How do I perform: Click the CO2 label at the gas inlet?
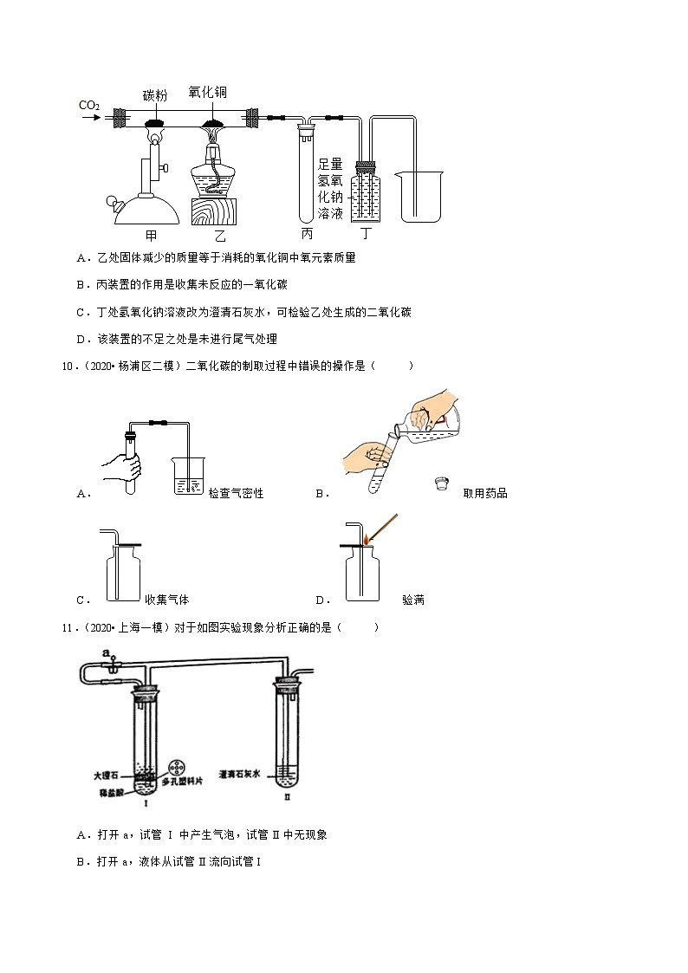pyautogui.click(x=89, y=106)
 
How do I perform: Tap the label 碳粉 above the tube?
pyautogui.click(x=155, y=95)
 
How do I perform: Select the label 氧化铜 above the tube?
pyautogui.click(x=207, y=92)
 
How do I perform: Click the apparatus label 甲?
pyautogui.click(x=151, y=235)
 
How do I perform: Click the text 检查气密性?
pyautogui.click(x=236, y=493)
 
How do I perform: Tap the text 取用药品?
pyautogui.click(x=485, y=493)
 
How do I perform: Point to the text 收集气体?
pyautogui.click(x=166, y=600)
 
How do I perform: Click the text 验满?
pyautogui.click(x=413, y=600)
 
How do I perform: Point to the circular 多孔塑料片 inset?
pyautogui.click(x=177, y=769)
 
